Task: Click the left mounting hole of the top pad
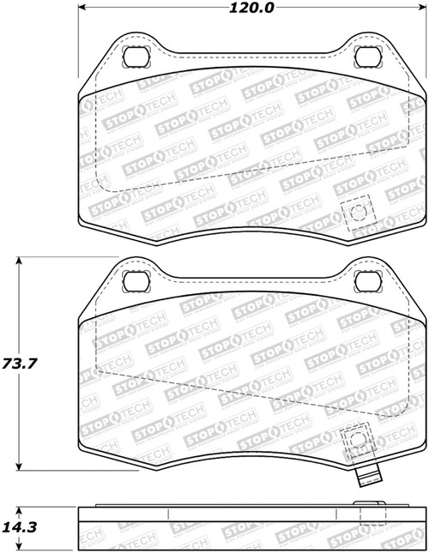(x=135, y=58)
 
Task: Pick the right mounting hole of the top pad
(x=366, y=58)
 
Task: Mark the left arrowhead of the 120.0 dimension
(x=83, y=9)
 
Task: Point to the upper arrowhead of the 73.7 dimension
(x=21, y=259)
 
